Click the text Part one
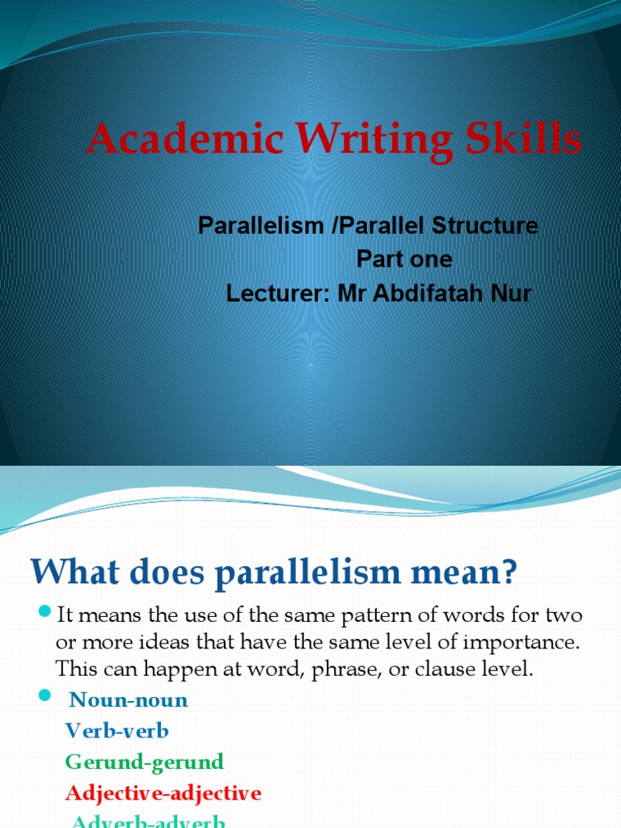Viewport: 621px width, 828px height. pos(404,260)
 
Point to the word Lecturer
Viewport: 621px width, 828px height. pos(277,293)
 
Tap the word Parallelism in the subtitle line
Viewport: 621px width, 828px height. pos(261,226)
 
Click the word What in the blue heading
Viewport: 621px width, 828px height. pos(70,574)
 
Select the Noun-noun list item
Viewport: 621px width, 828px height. pos(129,700)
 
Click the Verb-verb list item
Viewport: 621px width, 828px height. pos(116,731)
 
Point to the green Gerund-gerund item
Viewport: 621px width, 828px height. pos(145,762)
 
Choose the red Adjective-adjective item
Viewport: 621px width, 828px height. pos(163,792)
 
